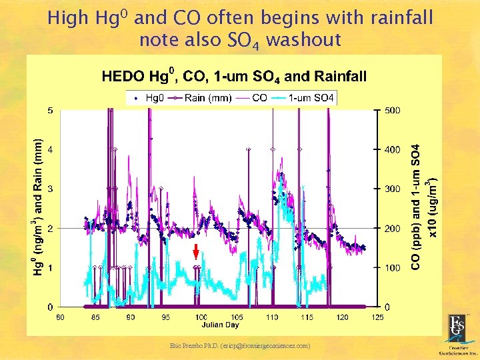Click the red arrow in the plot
195,252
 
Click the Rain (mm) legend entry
203,98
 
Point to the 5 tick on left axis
51,110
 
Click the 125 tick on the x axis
377,317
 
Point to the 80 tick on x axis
60,317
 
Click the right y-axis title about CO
421,207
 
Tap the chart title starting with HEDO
234,76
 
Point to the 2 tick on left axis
51,229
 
